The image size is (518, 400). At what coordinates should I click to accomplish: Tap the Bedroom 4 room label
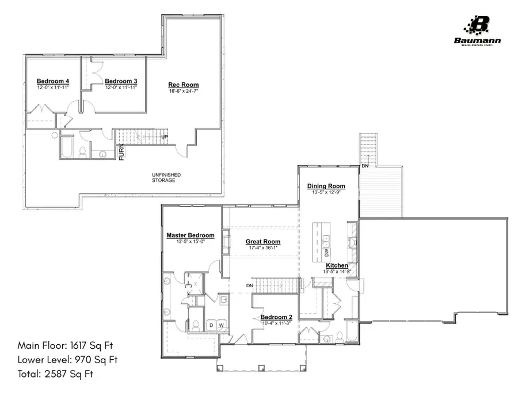click(53, 81)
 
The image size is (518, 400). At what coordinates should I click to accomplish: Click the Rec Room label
click(184, 85)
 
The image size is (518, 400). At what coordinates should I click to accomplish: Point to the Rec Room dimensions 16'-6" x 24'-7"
click(184, 92)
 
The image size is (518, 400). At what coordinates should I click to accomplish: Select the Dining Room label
click(326, 186)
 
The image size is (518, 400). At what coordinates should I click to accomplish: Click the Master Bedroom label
click(191, 235)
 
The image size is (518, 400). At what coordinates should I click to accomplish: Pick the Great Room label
click(263, 242)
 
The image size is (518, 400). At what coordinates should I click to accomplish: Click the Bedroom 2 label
click(276, 317)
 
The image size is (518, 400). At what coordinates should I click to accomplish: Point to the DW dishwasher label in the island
click(326, 253)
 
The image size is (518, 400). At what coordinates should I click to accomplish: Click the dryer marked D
click(211, 326)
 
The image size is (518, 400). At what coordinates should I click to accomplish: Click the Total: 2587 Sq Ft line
click(55, 374)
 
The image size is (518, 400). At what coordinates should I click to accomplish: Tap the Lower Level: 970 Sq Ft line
click(68, 360)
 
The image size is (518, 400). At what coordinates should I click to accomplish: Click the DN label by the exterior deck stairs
click(365, 166)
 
